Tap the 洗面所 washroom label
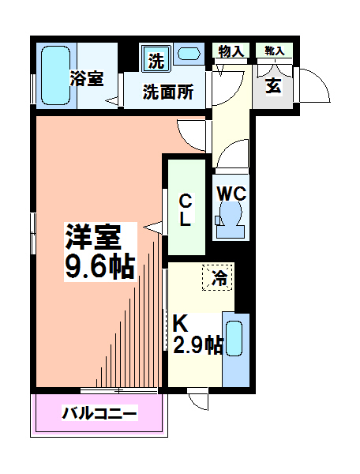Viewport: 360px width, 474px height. point(167,91)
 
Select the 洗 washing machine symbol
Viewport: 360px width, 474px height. point(156,58)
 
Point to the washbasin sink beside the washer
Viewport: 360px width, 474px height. point(189,55)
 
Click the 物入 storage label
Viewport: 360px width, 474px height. point(231,51)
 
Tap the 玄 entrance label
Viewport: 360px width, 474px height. point(273,86)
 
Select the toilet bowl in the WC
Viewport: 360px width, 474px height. point(230,216)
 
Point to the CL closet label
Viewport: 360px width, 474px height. point(184,209)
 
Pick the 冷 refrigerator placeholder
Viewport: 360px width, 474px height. point(218,277)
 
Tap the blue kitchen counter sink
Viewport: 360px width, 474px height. point(235,348)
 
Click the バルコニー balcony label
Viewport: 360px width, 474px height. point(99,413)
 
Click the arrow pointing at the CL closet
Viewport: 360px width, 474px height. point(153,228)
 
